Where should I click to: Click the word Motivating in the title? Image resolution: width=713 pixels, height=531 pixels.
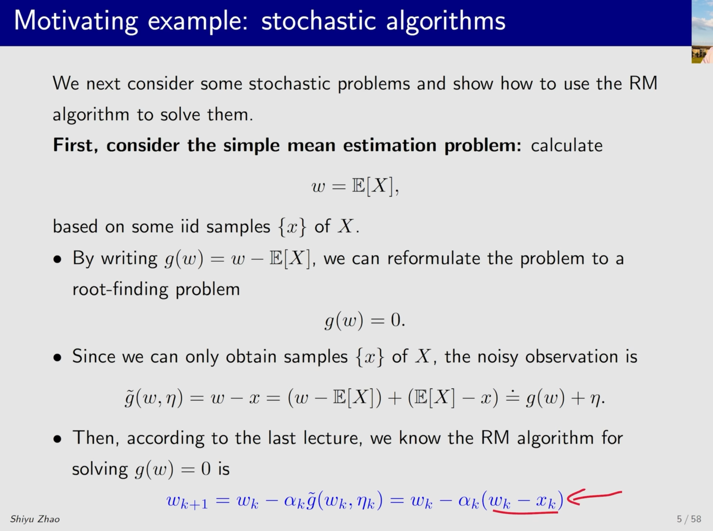(76, 21)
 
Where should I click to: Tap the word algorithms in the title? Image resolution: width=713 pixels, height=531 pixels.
(446, 21)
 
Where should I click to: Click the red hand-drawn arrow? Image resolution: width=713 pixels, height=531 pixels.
(594, 497)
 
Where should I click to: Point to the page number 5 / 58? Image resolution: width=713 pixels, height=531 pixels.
(689, 519)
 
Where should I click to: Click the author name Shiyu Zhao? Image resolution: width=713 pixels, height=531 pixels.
(35, 519)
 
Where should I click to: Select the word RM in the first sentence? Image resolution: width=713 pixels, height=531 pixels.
(643, 83)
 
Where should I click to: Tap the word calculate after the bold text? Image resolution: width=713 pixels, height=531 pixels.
(566, 145)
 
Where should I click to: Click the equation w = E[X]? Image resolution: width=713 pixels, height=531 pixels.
(355, 186)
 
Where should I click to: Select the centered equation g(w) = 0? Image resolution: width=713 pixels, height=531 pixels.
(365, 320)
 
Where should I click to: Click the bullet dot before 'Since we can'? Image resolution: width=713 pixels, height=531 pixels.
(57, 357)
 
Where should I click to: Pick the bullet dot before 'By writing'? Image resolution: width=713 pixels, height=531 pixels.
(57, 259)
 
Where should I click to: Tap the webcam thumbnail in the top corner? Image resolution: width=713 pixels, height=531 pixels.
(702, 31)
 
